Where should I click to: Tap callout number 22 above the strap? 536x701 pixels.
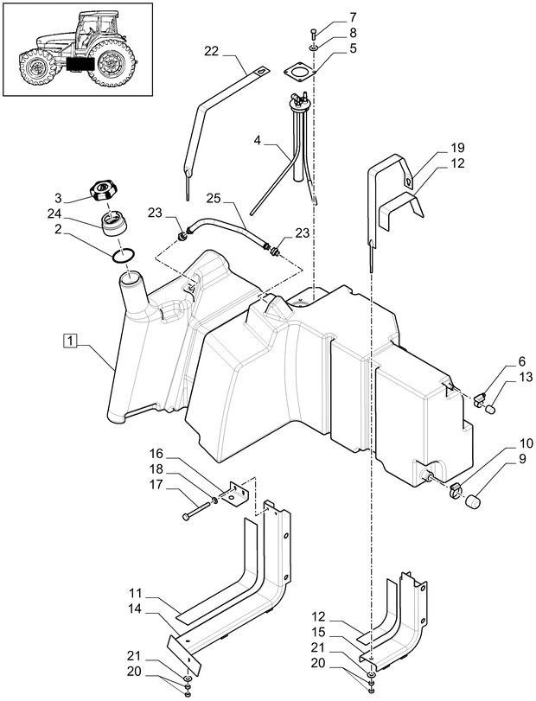click(x=211, y=52)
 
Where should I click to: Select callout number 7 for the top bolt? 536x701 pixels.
click(x=328, y=17)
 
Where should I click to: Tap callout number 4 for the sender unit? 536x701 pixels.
click(x=258, y=140)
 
